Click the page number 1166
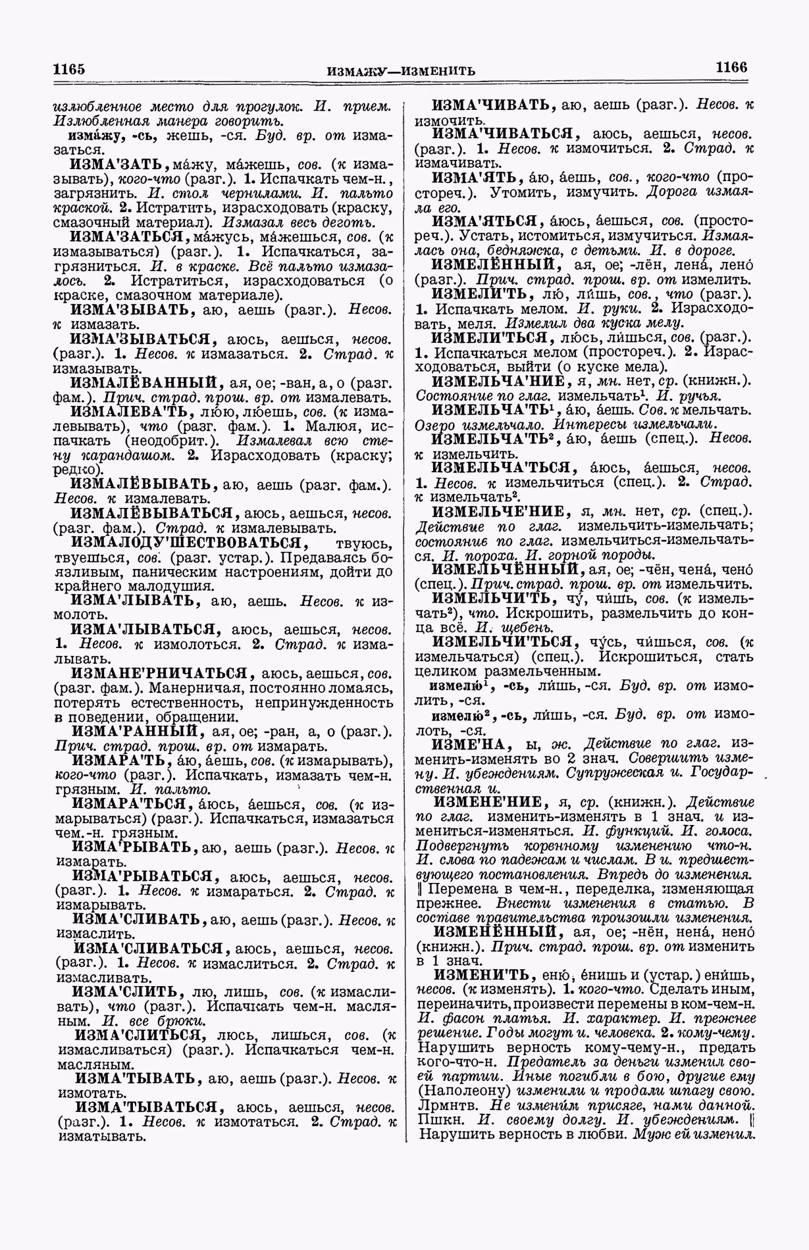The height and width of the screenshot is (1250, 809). (731, 67)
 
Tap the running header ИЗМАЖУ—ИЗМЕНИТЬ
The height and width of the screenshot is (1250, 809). (400, 70)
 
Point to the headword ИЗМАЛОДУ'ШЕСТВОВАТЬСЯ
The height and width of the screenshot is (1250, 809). (189, 543)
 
